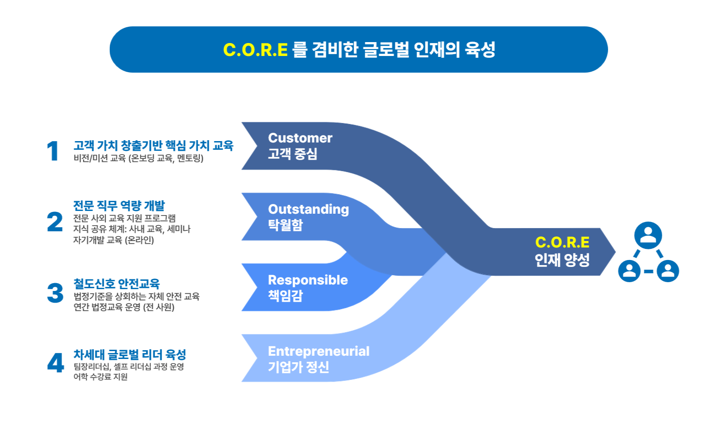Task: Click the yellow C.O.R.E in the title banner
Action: (255, 50)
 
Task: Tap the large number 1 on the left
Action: (53, 151)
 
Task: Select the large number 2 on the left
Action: (55, 222)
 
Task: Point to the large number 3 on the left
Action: (55, 293)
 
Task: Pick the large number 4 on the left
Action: (56, 363)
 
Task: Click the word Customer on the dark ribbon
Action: (300, 138)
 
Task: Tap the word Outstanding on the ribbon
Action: (309, 210)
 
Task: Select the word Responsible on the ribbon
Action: (308, 280)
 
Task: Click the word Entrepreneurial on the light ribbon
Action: (319, 351)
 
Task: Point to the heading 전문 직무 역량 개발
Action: (119, 206)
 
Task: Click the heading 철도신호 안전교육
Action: (117, 284)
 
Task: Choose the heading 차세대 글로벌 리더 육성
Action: (130, 354)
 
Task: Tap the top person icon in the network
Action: (648, 235)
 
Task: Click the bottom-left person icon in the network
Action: (629, 271)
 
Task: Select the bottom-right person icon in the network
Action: (668, 271)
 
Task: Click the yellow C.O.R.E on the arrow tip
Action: (562, 242)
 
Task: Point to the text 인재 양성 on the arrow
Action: (562, 260)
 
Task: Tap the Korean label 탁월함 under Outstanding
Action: (285, 225)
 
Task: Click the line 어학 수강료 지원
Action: (100, 377)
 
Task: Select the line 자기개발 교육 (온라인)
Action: (113, 240)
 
